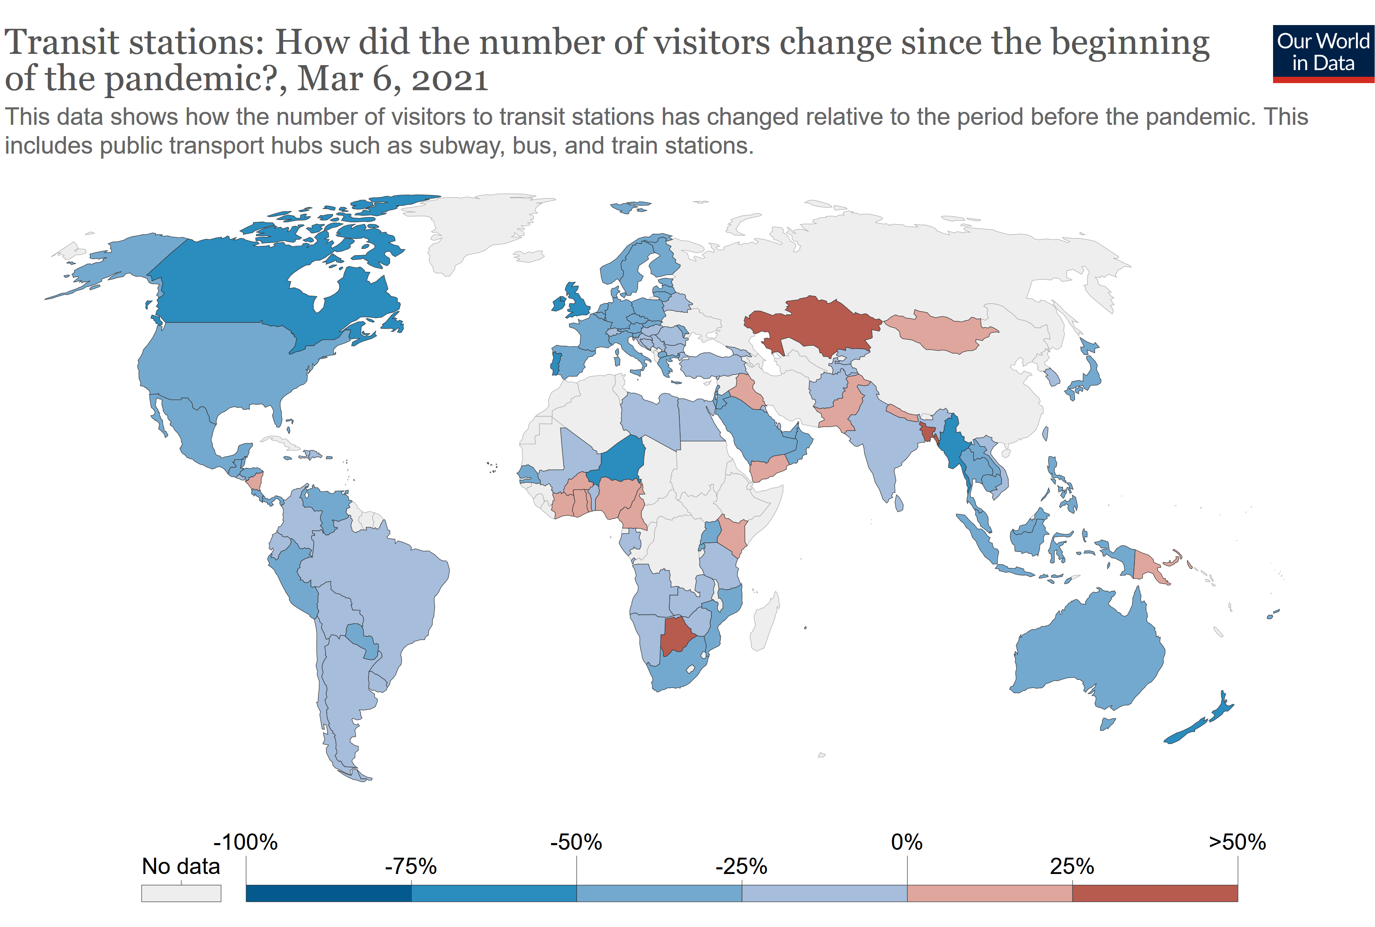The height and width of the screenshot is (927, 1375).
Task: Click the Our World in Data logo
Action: pyautogui.click(x=1323, y=53)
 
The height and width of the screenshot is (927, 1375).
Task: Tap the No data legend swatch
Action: pyautogui.click(x=181, y=893)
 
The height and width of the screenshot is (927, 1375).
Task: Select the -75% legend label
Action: pyautogui.click(x=410, y=867)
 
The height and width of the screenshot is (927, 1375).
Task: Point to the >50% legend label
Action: pyautogui.click(x=1237, y=842)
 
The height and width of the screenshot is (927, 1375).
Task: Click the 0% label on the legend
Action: pyautogui.click(x=906, y=842)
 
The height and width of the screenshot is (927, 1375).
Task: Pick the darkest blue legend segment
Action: pyautogui.click(x=328, y=893)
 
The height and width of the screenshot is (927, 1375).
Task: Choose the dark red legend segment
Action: pyautogui.click(x=1154, y=893)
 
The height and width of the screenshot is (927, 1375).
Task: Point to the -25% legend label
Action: pyautogui.click(x=741, y=867)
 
